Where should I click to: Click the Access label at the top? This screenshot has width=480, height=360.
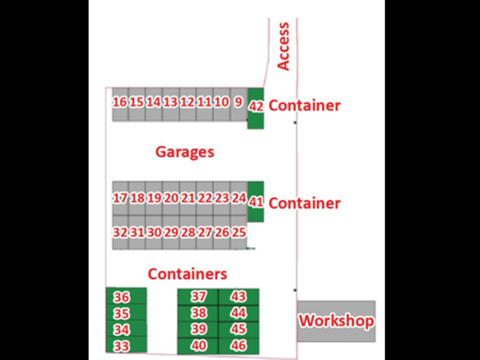coord(284,46)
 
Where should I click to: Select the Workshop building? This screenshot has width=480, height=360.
coord(336,321)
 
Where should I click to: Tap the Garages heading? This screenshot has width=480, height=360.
coord(185,152)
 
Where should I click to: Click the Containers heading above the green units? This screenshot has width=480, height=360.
coord(187,274)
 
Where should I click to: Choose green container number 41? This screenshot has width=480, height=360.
coord(256,202)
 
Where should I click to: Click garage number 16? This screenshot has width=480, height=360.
coord(120,102)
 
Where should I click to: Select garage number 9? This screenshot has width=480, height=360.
coord(238,102)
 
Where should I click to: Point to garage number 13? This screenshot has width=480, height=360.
coord(171,102)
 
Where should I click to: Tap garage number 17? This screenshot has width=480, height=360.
coord(120,198)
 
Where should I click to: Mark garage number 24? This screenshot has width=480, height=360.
coord(239,198)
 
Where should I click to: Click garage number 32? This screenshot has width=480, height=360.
coord(120,232)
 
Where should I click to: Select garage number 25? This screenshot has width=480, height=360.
coord(239,232)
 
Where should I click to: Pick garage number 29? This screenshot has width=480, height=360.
coord(171,232)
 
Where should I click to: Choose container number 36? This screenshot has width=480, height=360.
coord(122,297)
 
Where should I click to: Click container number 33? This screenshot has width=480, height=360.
coord(122,346)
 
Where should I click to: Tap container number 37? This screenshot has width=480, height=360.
coord(198,296)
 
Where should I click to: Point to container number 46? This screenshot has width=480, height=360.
coord(239,346)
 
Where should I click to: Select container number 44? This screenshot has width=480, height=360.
coord(239,313)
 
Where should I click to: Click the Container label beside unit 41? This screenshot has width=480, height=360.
coord(304,203)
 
